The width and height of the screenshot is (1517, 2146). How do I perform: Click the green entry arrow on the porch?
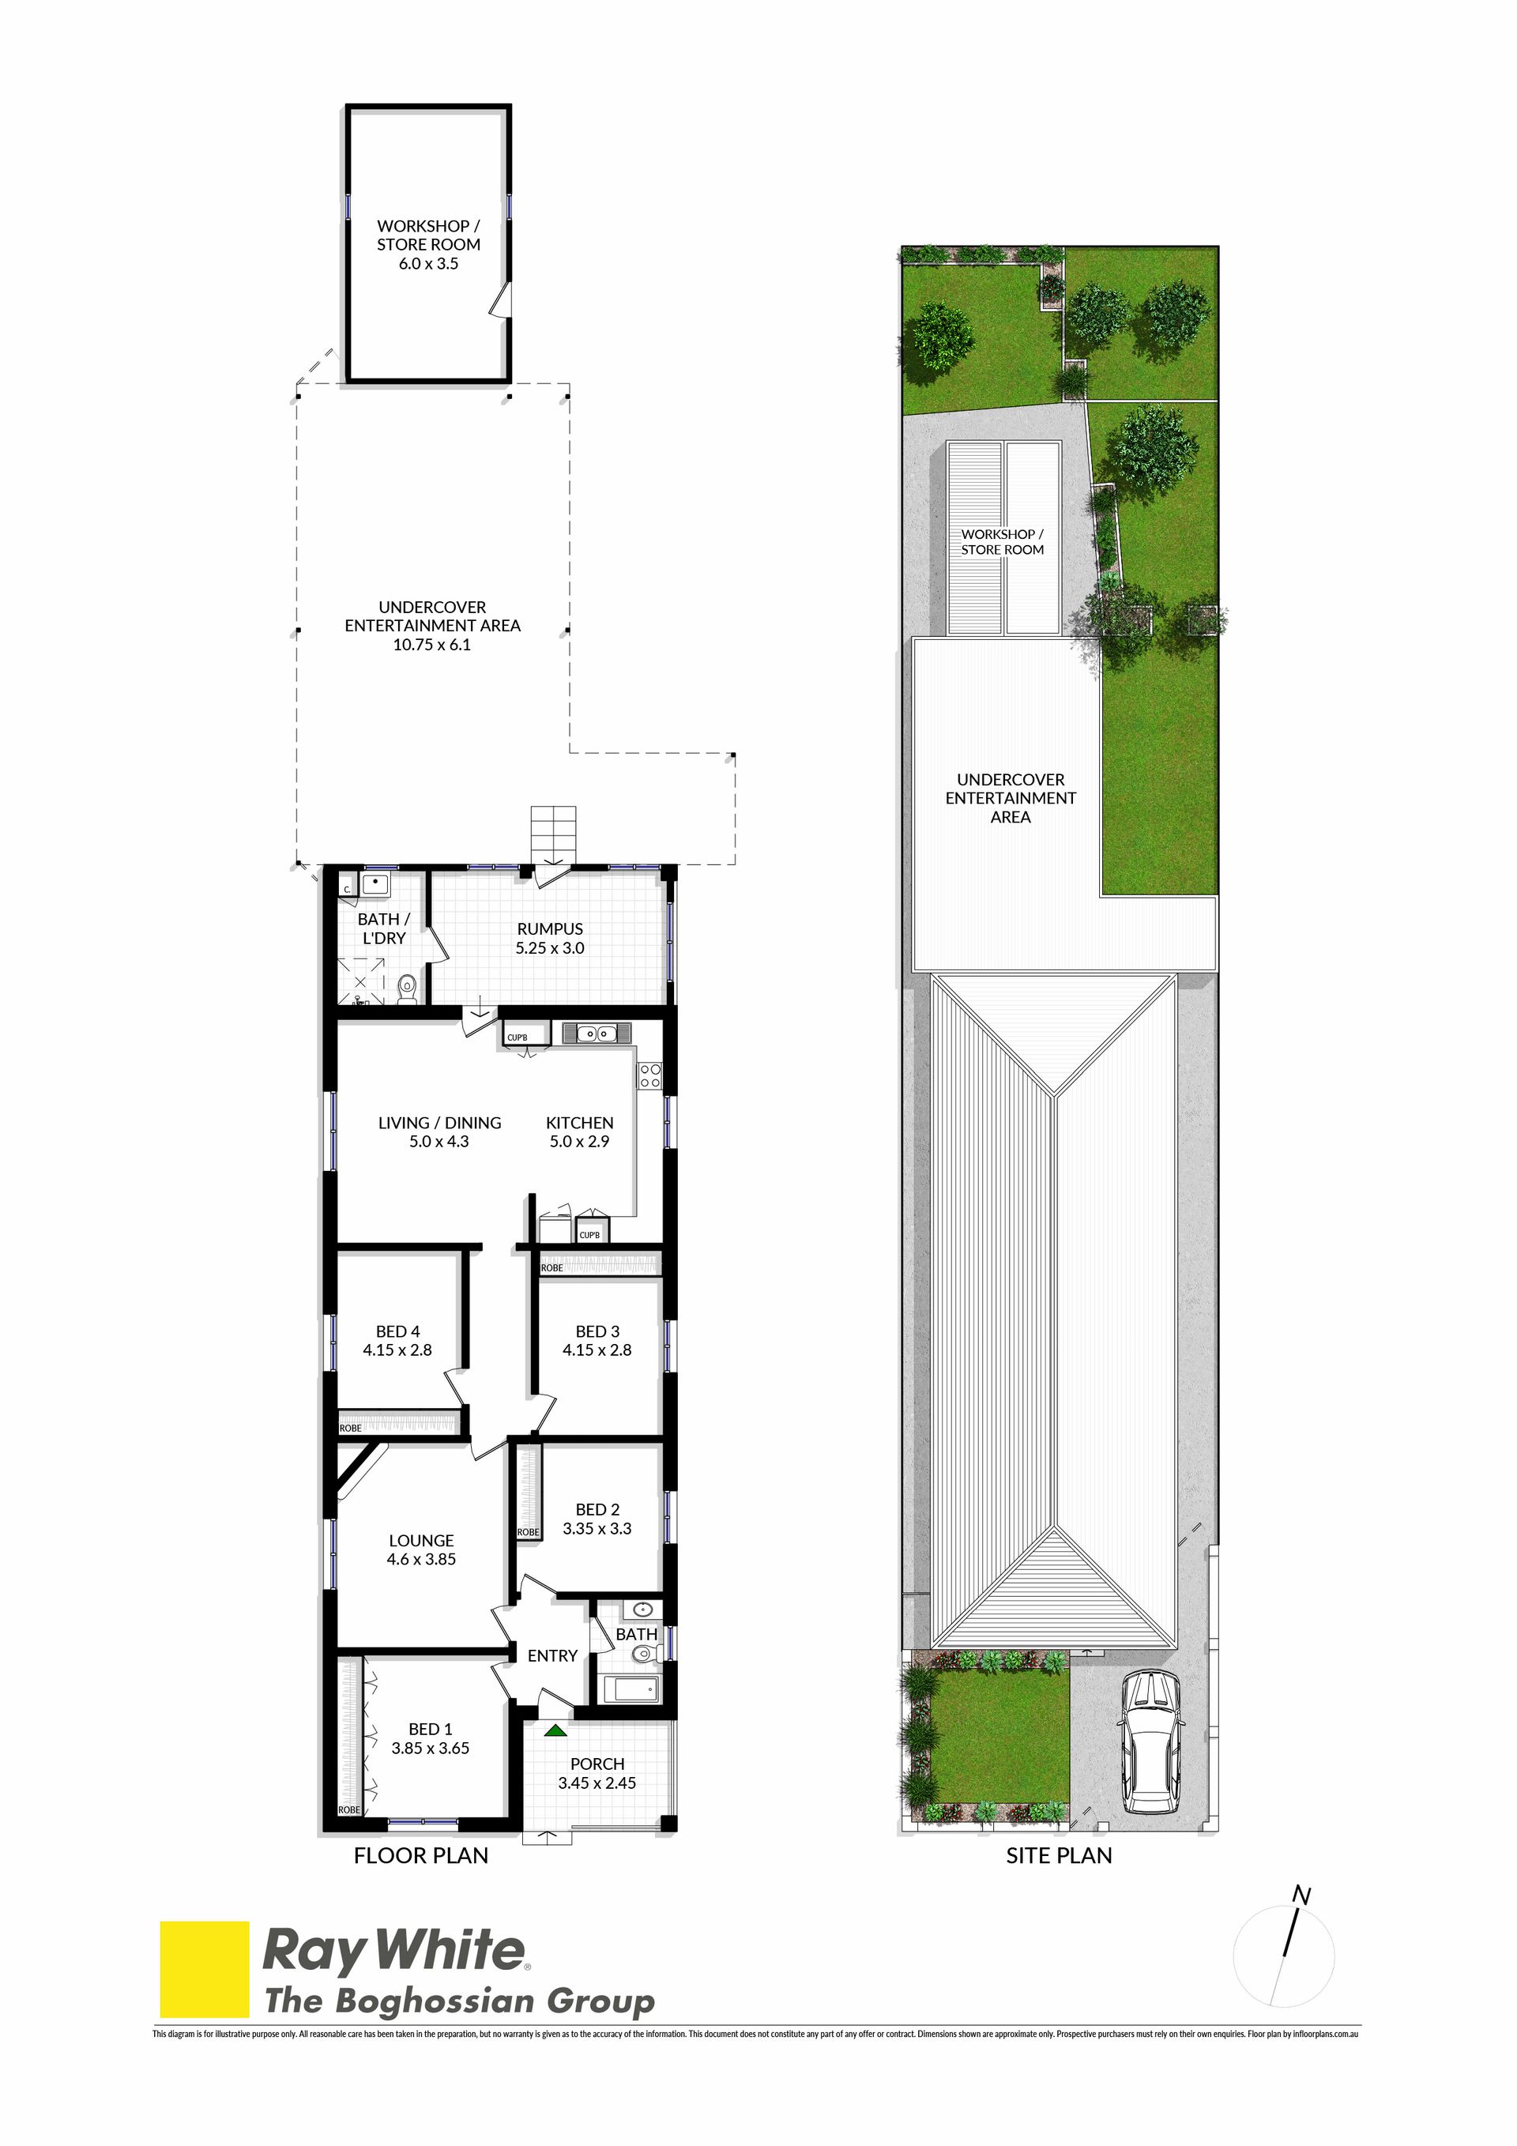(556, 1730)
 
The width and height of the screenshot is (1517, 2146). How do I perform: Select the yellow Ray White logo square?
(205, 1968)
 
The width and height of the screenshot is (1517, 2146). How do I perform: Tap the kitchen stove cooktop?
(649, 1075)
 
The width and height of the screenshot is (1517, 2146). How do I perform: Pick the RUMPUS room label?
(550, 928)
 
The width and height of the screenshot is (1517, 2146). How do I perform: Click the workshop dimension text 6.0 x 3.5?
(428, 264)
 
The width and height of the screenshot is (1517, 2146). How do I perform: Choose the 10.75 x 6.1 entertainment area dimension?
(432, 644)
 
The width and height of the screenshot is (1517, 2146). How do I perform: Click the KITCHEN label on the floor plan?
(579, 1123)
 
